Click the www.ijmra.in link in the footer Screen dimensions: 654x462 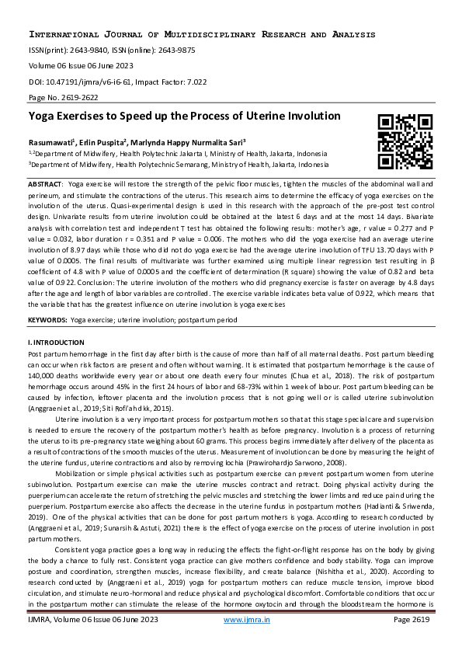click(x=242, y=641)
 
